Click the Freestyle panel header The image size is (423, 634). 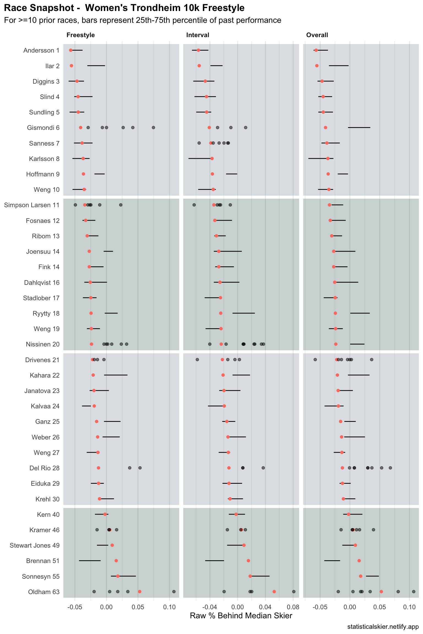point(80,35)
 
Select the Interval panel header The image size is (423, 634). point(197,35)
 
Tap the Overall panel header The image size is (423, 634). point(317,35)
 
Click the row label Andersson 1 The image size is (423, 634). point(41,50)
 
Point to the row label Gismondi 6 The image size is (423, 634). point(43,128)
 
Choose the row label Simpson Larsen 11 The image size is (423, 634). point(32,205)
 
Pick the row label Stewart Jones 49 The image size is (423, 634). point(34,545)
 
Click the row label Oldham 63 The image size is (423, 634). point(44,592)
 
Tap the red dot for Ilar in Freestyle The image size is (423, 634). point(72,66)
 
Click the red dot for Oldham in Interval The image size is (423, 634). point(274,592)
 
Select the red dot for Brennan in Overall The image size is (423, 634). point(359,561)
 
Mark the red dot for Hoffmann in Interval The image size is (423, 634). point(212,174)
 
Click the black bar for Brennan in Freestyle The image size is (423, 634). point(90,561)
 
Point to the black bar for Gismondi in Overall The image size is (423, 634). point(359,127)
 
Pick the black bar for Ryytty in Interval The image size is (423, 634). point(243,313)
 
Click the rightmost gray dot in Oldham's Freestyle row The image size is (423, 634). point(174,592)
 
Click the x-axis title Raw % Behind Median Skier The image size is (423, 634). point(241,616)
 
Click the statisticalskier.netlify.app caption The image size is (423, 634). point(383,627)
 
